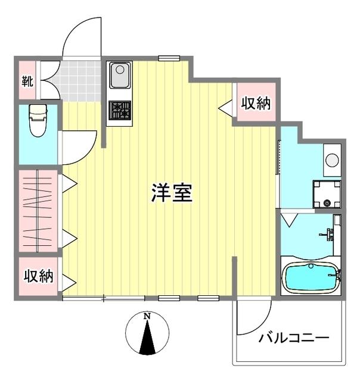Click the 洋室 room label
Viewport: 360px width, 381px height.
coord(172,193)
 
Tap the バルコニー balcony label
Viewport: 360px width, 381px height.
coord(294,338)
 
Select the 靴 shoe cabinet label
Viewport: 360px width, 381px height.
coord(27,80)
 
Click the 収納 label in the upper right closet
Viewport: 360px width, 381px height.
coord(256,104)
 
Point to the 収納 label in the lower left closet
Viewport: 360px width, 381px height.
coord(38,276)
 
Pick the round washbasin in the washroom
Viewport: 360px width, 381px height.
coord(332,160)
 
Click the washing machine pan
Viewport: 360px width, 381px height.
coord(327,194)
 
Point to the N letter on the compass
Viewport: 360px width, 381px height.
coord(147,317)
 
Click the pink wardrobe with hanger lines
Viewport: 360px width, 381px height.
coord(38,212)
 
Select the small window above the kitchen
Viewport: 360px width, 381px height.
coord(169,58)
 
